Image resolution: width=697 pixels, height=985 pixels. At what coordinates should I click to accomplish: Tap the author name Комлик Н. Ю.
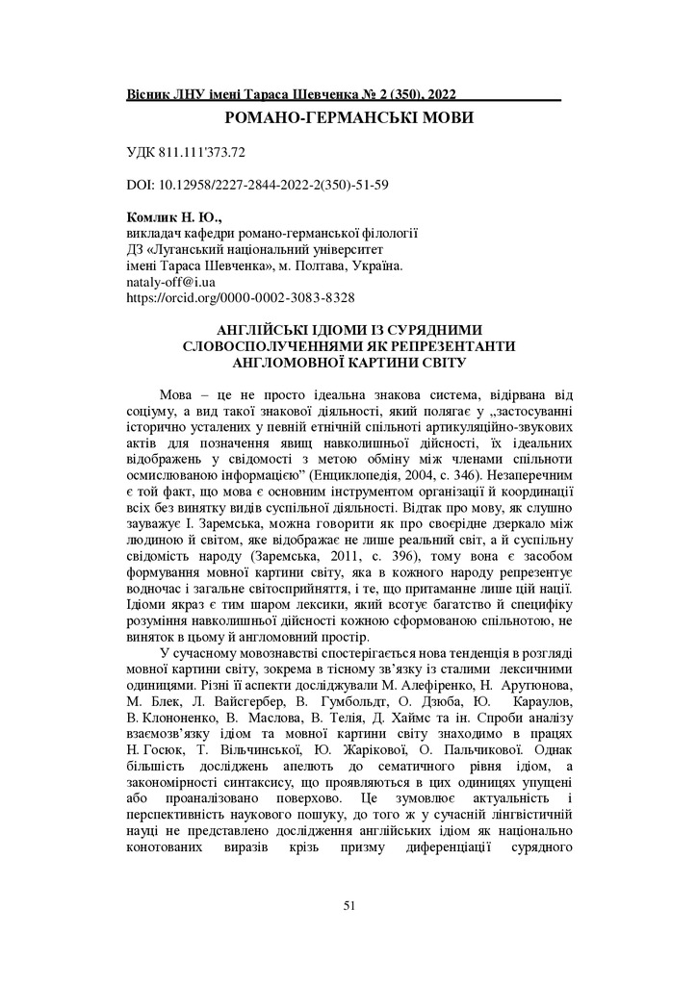point(173,218)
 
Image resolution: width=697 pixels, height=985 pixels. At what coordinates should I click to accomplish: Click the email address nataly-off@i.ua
point(171,283)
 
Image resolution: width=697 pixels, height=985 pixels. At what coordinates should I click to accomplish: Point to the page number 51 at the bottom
point(349,905)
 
